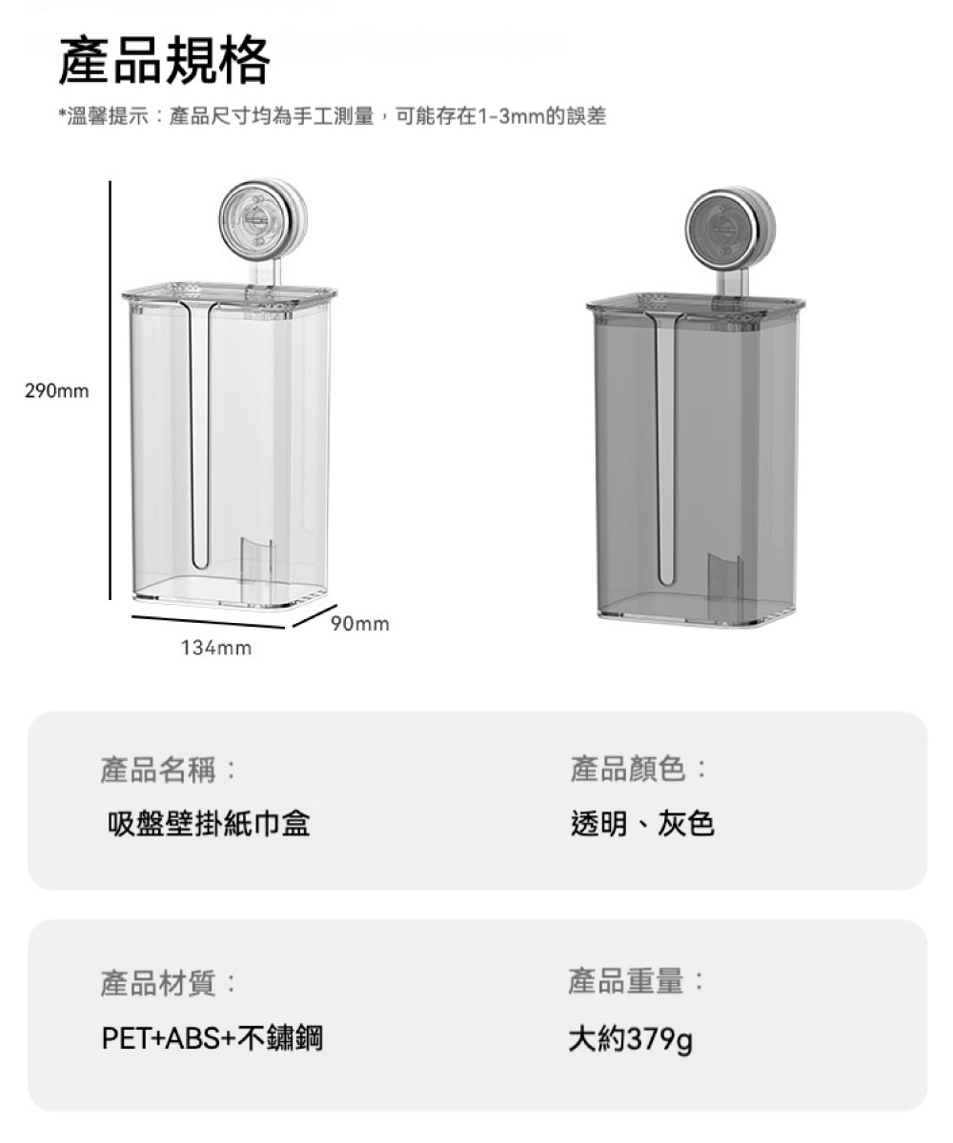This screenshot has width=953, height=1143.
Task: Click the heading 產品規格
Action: click(164, 60)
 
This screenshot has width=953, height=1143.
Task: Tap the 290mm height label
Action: click(56, 391)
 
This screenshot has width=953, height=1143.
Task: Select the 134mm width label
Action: click(216, 648)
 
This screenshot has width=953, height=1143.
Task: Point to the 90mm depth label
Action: click(360, 624)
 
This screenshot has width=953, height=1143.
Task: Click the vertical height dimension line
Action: click(111, 391)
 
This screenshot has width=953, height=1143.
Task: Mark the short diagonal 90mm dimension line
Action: click(314, 616)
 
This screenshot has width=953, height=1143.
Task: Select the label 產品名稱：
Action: click(168, 769)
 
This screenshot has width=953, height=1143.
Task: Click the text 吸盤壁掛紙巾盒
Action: click(209, 824)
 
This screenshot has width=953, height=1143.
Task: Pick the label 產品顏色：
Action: click(639, 769)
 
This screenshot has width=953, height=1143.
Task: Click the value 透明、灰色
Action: click(642, 823)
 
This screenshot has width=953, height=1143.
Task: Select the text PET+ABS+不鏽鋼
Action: click(213, 1037)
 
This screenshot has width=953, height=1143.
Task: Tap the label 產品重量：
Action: click(637, 980)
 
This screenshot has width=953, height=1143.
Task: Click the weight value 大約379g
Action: click(631, 1039)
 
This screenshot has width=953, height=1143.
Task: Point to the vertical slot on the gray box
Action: click(666, 450)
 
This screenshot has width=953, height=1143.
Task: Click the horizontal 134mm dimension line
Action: click(208, 622)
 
